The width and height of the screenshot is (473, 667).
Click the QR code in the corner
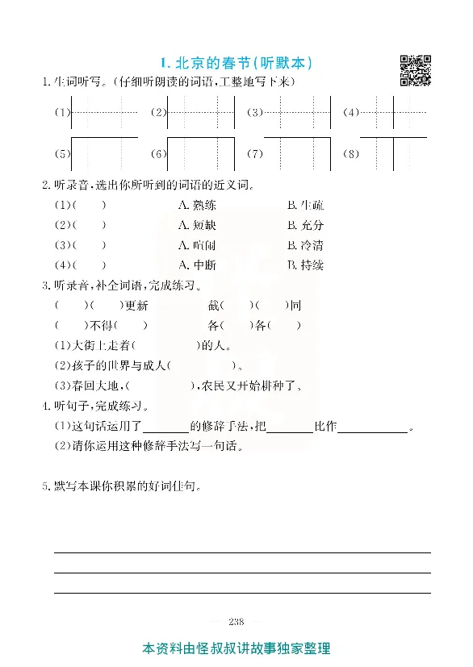tap(416, 70)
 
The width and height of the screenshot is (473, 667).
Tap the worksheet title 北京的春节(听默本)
tap(236, 62)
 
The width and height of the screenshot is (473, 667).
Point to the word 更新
tap(137, 306)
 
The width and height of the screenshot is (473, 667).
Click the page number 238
tap(236, 621)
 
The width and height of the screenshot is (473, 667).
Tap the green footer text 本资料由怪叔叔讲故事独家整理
tap(236, 648)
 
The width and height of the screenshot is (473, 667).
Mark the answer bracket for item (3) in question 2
tap(89, 245)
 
